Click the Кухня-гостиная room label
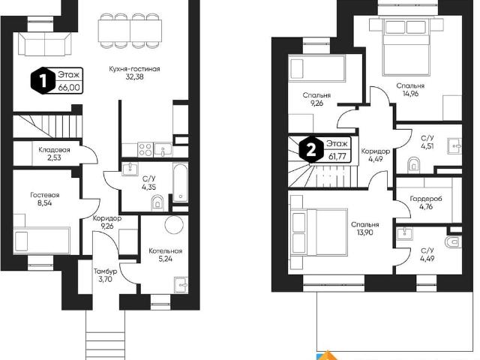pos(134,69)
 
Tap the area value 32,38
pos(134,76)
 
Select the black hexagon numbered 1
pos(43,82)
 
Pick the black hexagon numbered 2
pos(311,150)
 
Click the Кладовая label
pos(54,150)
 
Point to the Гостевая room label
pos(45,195)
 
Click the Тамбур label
pos(105,271)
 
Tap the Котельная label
pos(165,251)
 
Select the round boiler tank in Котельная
pos(174,225)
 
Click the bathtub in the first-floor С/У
pos(180,183)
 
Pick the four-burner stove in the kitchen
pos(145,150)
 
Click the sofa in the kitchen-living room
pos(45,44)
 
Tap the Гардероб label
pos(426,199)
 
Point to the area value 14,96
pos(410,94)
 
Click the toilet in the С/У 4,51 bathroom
pos(414,165)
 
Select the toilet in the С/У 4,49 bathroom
pos(454,241)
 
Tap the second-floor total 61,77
pos(337,157)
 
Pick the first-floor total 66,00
pos(69,88)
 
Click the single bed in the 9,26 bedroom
pos(316,69)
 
